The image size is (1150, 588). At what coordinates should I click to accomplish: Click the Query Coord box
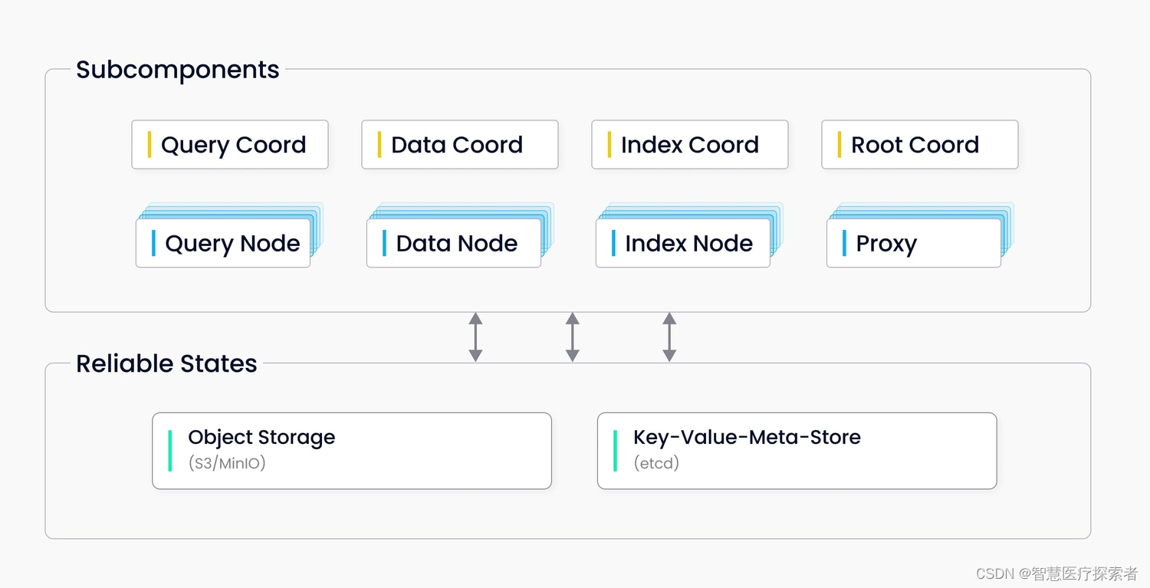(230, 144)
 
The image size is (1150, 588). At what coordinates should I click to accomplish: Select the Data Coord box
(460, 144)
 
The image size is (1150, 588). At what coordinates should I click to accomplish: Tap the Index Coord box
(690, 144)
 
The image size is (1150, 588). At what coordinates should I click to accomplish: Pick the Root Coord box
(920, 144)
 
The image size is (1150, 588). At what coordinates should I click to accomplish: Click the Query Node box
(223, 243)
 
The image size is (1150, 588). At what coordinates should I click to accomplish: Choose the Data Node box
(454, 243)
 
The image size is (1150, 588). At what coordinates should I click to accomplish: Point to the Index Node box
(683, 243)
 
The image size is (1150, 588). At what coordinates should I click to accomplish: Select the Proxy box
(914, 243)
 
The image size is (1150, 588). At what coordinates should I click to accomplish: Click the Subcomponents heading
(178, 71)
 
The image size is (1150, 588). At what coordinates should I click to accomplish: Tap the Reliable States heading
(166, 363)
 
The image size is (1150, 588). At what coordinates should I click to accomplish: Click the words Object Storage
(262, 438)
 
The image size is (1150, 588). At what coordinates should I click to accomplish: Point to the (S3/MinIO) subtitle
(227, 463)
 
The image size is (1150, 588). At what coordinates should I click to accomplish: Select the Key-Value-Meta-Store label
(747, 437)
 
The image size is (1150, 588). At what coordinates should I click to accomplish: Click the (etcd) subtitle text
(656, 463)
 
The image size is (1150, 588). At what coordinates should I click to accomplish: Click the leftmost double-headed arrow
(475, 337)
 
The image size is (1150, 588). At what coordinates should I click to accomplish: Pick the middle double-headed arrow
(573, 337)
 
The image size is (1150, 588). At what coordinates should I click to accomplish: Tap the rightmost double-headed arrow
(669, 337)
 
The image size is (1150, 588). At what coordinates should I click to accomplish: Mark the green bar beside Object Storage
(170, 451)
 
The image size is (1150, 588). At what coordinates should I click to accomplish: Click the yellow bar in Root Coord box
(839, 144)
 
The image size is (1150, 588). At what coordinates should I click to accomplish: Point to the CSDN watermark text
(1057, 573)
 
